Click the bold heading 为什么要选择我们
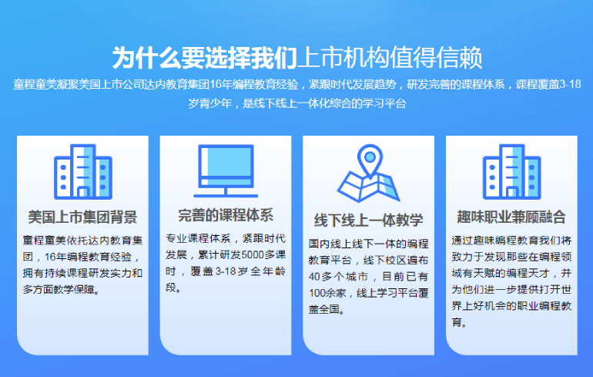(x=204, y=58)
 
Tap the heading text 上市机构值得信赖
(x=390, y=58)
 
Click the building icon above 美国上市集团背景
(x=83, y=171)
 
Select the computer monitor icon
(x=226, y=171)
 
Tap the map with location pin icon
(x=369, y=173)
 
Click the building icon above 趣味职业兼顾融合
(x=511, y=171)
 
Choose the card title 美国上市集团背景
(x=82, y=217)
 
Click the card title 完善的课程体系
(x=226, y=215)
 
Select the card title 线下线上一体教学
(x=368, y=220)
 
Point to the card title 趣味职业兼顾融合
(x=511, y=217)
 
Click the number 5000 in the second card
(x=253, y=254)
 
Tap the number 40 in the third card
(x=314, y=277)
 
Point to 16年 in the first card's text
(x=56, y=257)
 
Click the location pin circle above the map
(x=370, y=157)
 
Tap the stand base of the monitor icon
(x=226, y=196)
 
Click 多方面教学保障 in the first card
(x=59, y=290)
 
